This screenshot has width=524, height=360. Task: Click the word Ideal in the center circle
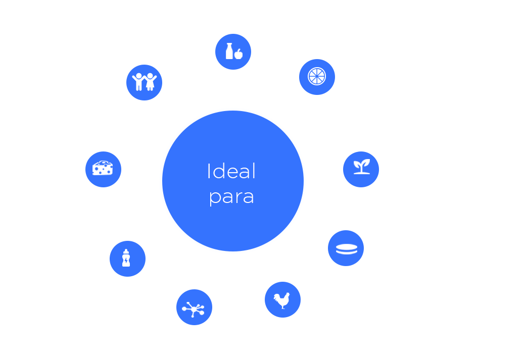pyautogui.click(x=231, y=172)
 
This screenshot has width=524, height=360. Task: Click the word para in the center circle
pyautogui.click(x=231, y=197)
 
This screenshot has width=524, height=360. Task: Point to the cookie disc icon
pyautogui.click(x=346, y=248)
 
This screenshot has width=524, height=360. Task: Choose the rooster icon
pyautogui.click(x=282, y=300)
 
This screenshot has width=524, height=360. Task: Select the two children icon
pyautogui.click(x=142, y=82)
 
